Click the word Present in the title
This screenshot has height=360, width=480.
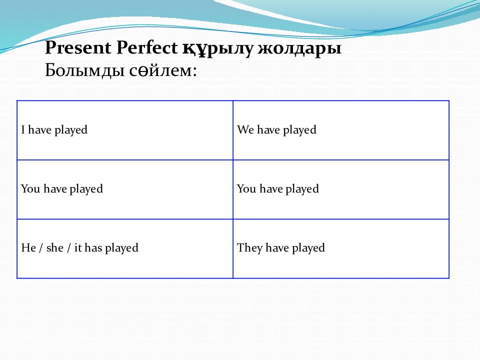[78, 48]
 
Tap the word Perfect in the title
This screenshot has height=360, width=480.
[147, 48]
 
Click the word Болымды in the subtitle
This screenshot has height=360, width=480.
[85, 70]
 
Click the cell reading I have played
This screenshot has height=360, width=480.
[125, 130]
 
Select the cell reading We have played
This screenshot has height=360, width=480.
[341, 130]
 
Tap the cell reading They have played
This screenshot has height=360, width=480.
[341, 248]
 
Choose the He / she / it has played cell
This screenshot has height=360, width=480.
[125, 248]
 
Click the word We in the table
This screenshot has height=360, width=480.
[245, 129]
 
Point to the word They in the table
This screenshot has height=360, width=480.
[250, 248]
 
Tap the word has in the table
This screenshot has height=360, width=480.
[93, 247]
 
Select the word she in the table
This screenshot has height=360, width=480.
[55, 247]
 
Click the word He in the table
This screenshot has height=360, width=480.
[28, 247]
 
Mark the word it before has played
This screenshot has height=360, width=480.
[78, 247]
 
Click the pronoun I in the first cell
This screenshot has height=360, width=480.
[23, 129]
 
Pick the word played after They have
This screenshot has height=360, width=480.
[308, 248]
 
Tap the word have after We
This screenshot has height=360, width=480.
[268, 129]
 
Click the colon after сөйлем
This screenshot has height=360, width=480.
[194, 71]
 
